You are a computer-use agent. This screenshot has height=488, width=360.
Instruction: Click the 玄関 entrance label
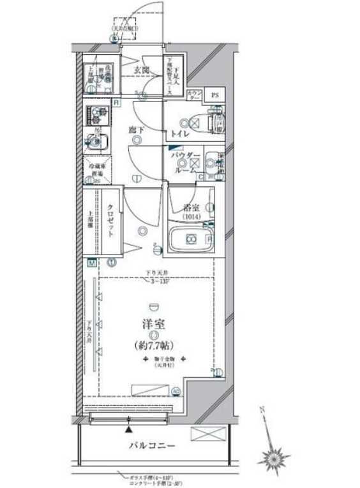[141, 70]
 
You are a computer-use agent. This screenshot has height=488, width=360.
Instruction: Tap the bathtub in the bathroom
[190, 239]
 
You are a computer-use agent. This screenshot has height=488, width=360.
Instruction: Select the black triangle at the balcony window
[130, 411]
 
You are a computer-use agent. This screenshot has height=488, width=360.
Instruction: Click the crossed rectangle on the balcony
[209, 434]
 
